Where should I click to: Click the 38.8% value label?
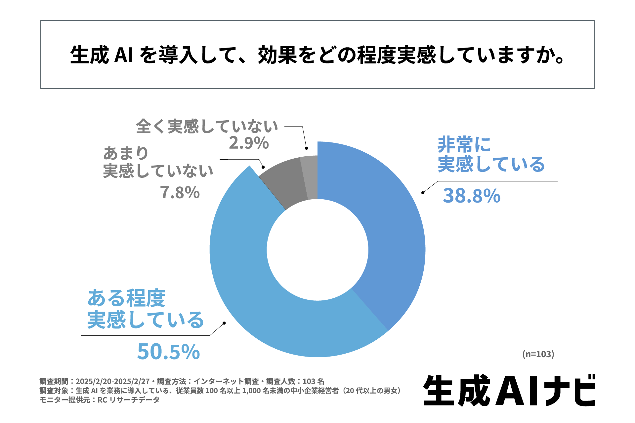click(x=472, y=196)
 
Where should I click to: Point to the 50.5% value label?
click(x=168, y=352)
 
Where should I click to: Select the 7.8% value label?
click(x=180, y=192)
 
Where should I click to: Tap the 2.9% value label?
click(x=249, y=143)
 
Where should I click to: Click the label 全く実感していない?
click(x=207, y=126)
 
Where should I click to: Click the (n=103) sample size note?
click(x=538, y=354)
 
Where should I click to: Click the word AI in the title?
click(x=123, y=55)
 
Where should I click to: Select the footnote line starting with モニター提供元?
click(x=100, y=400)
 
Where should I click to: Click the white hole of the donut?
click(x=317, y=250)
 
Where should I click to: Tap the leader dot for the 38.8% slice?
click(x=423, y=193)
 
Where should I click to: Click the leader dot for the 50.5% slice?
click(x=224, y=323)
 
